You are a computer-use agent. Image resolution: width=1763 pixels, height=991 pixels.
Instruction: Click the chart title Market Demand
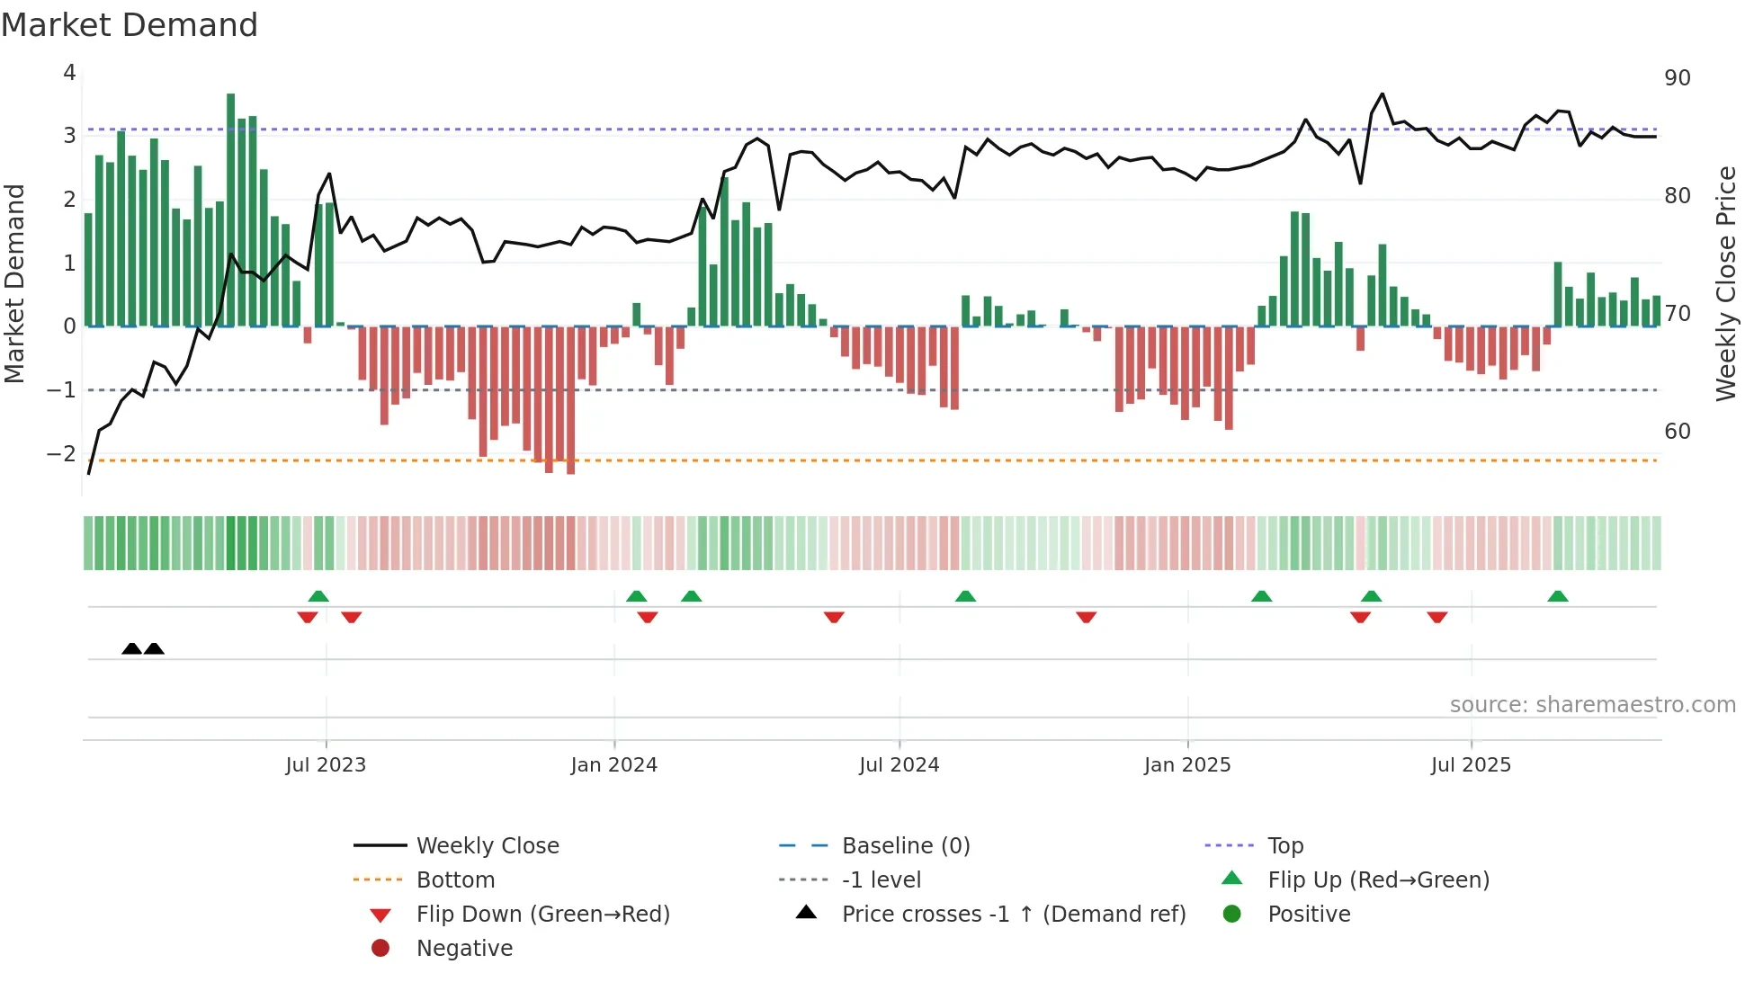click(130, 25)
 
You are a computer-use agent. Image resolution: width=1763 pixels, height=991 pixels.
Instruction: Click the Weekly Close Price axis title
click(1725, 283)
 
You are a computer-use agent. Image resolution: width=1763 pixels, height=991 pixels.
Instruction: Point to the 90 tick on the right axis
click(1677, 78)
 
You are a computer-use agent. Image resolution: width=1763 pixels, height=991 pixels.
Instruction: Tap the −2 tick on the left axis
click(61, 453)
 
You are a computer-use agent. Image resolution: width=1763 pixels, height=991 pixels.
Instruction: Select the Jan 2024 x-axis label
click(613, 765)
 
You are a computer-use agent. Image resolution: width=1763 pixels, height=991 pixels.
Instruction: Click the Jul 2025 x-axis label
click(1471, 765)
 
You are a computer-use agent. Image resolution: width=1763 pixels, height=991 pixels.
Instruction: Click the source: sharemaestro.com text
click(1592, 705)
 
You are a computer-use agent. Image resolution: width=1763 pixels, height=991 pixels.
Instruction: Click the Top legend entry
click(1285, 846)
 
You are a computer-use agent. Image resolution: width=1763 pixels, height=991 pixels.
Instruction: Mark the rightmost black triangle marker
click(154, 648)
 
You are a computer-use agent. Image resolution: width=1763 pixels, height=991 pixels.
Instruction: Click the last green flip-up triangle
click(1558, 596)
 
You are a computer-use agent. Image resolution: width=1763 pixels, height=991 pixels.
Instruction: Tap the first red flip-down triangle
click(308, 617)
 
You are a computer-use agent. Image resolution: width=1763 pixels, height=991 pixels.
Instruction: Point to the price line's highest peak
click(1383, 94)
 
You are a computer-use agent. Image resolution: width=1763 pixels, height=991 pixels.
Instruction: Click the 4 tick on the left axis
click(69, 73)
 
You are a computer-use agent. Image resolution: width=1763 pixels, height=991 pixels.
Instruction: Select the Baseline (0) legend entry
click(906, 846)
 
